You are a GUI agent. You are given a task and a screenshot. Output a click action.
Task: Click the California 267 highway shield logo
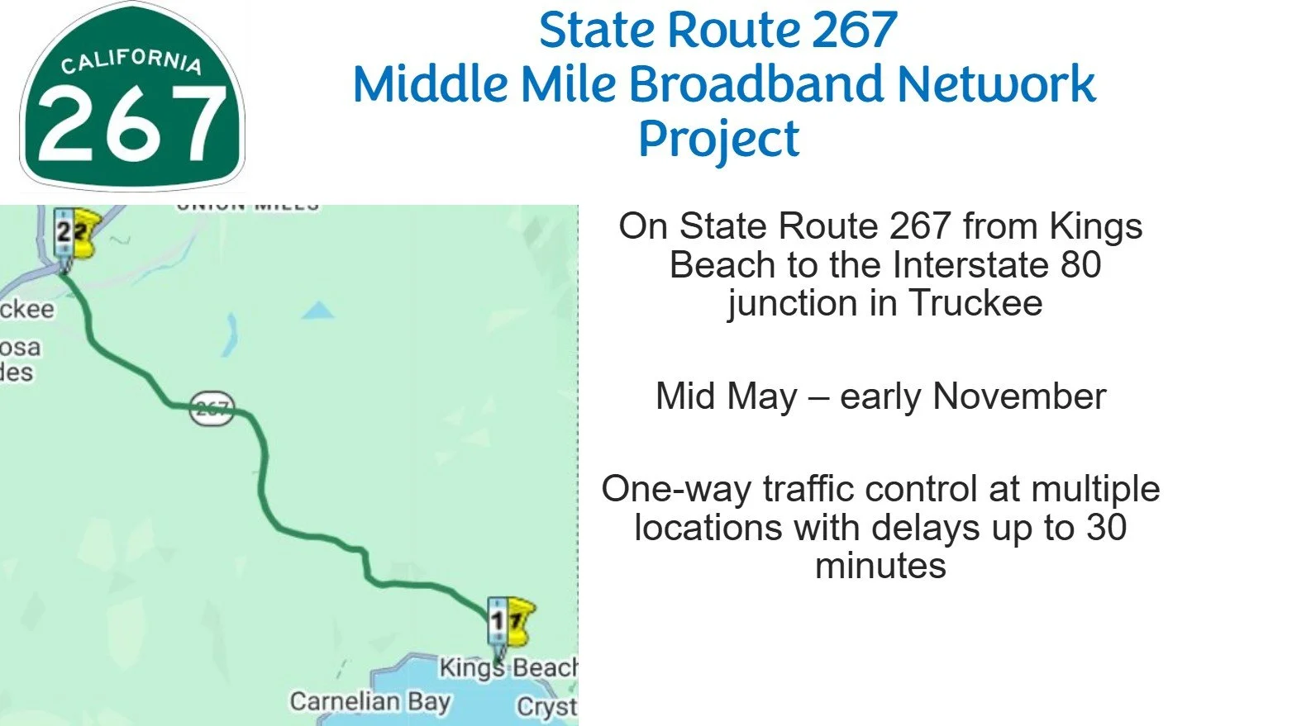click(132, 97)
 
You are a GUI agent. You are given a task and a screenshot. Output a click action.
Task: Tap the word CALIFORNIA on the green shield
click(131, 61)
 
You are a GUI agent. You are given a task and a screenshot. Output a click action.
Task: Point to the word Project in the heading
click(718, 139)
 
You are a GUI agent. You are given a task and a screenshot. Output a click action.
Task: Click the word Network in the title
click(996, 84)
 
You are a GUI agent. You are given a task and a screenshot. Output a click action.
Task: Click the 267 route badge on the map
click(212, 408)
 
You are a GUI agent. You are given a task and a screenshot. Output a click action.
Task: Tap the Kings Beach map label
click(508, 667)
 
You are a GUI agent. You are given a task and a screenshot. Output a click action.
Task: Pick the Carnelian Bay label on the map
click(369, 702)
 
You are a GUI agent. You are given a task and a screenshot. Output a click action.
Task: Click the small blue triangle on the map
click(318, 311)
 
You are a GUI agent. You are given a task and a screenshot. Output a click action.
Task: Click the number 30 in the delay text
click(1106, 528)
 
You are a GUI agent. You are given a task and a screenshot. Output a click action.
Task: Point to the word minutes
click(880, 566)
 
